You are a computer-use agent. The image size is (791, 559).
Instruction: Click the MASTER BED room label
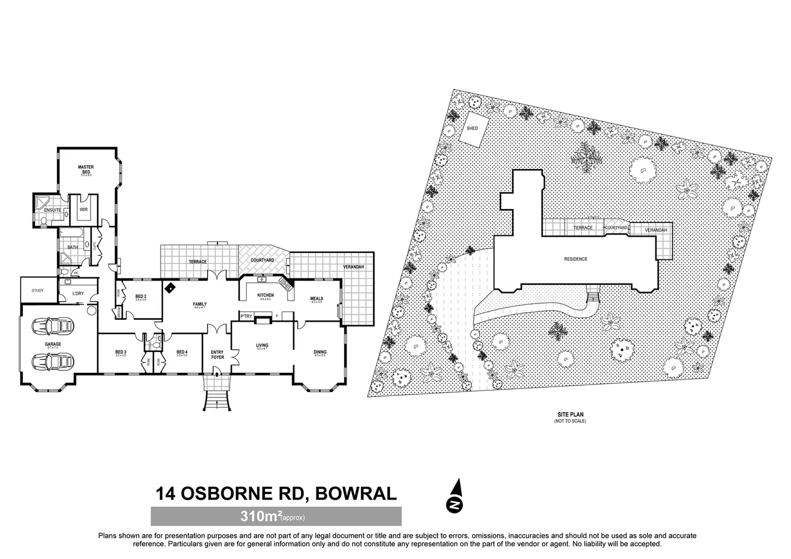point(86,169)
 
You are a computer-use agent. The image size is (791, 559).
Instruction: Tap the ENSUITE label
point(52,210)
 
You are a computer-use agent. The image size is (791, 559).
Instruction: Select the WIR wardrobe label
point(84,210)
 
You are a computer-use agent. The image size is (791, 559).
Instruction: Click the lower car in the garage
point(53,361)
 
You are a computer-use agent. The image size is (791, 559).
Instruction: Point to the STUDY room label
point(37,290)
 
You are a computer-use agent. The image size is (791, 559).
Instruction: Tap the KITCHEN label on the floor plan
point(266,296)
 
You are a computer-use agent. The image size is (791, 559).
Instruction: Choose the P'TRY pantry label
point(246,316)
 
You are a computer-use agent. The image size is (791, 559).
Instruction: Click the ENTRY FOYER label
point(217,355)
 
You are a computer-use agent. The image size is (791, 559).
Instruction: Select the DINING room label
point(320,352)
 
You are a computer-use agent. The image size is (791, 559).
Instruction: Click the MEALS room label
point(316,299)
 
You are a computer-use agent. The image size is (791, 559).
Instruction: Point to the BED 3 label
point(121,352)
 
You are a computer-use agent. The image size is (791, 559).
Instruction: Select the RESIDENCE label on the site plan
point(576,259)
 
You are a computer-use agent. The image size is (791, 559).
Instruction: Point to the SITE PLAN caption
point(570,415)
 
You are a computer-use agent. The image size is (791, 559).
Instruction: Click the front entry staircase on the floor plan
point(216,400)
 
